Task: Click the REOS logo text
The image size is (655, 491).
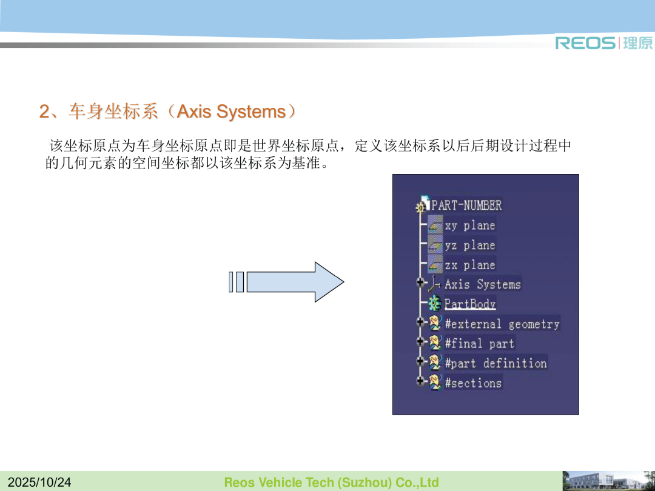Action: [x=585, y=42]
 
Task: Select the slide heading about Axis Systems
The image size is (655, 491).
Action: [x=168, y=112]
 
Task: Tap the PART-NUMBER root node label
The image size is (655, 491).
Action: [x=466, y=205]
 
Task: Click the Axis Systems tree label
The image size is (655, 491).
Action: [x=483, y=284]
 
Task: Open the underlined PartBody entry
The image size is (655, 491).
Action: [x=470, y=304]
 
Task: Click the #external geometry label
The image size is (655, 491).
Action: [x=502, y=324]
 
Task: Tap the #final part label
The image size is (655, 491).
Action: [x=479, y=344]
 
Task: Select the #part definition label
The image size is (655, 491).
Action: [x=495, y=363]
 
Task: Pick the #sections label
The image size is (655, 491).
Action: [x=473, y=383]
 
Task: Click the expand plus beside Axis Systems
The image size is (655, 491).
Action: [x=420, y=282]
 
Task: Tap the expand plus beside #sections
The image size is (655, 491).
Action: [x=420, y=381]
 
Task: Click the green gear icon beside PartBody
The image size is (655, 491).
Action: [x=435, y=303]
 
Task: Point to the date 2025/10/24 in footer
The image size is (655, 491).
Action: [x=39, y=483]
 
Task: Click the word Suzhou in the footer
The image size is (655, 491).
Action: [x=364, y=483]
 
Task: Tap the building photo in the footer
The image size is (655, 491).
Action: [x=609, y=481]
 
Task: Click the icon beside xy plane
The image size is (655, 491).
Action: [x=435, y=225]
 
